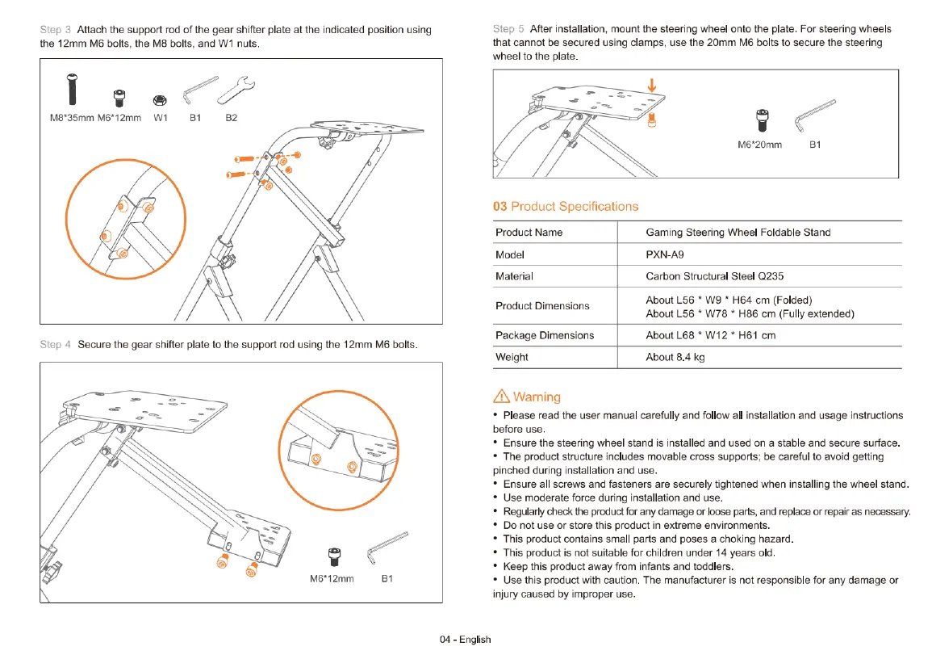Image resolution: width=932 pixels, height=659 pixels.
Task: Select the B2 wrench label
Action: (232, 118)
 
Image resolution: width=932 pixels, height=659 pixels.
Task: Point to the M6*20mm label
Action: (759, 145)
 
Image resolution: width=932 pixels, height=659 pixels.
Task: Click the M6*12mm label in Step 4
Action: (332, 579)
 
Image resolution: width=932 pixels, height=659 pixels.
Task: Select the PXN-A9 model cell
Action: (665, 254)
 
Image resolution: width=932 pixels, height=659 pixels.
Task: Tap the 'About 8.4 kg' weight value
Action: (675, 357)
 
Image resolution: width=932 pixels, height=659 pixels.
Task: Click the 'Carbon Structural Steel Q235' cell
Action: (714, 276)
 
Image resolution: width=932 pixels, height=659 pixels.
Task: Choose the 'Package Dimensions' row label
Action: (544, 335)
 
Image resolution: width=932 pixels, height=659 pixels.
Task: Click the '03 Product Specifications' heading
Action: (565, 206)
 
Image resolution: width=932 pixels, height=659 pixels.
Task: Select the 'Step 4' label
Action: (55, 345)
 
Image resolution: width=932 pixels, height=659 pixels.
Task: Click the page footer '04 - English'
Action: (465, 639)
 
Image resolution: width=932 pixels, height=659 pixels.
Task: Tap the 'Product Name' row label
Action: (529, 233)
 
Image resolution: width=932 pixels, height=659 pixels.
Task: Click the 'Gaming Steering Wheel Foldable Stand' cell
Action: (738, 233)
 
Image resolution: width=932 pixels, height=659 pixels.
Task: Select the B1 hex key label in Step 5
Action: (814, 145)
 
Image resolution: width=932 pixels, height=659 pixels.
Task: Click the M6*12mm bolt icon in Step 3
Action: (119, 97)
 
